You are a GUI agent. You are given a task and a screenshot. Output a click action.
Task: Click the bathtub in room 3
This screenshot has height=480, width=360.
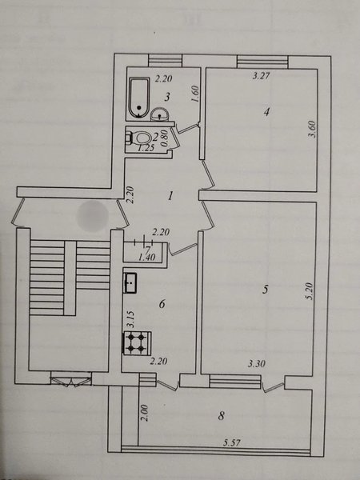point(139,98)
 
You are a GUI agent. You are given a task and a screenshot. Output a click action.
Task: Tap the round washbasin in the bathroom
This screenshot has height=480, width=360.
point(159,114)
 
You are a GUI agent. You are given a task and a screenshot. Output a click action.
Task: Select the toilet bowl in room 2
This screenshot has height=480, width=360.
point(138,138)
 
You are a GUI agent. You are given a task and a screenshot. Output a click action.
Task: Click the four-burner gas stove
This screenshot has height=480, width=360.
point(137,343)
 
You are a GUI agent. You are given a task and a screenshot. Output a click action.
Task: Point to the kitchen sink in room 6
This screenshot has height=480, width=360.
point(130,283)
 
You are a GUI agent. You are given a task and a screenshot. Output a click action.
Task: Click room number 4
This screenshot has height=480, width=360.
point(267,112)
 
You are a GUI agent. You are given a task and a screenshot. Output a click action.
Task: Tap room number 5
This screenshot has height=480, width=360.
point(266,290)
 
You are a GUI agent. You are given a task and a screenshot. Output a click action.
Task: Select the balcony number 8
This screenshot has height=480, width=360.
point(222,416)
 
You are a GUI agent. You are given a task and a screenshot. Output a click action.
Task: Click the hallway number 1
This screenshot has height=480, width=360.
point(171,195)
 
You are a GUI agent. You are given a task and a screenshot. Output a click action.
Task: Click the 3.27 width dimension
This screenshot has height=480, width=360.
point(262,75)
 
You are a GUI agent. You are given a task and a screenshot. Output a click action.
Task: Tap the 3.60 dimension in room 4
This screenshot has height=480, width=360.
point(312,130)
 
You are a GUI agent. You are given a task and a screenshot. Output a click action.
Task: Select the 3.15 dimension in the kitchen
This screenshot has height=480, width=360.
point(130,320)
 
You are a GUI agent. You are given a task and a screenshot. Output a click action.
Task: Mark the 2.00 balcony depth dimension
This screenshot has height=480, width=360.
point(145,413)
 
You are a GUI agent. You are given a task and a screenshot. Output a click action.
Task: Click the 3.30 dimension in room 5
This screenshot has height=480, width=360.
point(257,364)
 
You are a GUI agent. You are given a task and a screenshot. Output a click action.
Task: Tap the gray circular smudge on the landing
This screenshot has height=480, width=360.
point(93,216)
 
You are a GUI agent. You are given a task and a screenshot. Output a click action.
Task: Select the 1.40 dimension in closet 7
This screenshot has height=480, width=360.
point(146,258)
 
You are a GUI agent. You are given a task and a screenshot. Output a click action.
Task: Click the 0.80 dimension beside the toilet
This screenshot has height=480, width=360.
point(164,138)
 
